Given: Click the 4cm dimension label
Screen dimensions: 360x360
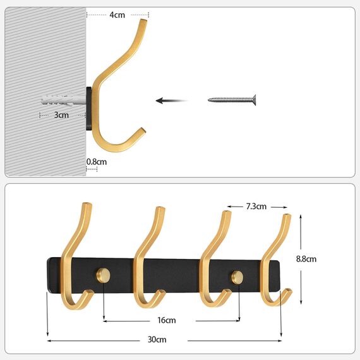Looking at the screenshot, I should pos(117,14).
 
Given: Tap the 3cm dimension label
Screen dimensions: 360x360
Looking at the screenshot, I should pos(61,115).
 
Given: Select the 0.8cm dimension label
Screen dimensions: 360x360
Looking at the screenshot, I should pos(97,162).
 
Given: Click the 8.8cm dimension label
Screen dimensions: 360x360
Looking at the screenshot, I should pos(306,259).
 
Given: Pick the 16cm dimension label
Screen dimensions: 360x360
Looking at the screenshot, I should pos(167,320).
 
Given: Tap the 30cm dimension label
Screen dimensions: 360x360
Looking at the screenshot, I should pos(157,340).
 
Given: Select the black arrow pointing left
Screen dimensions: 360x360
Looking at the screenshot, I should pos(171,100).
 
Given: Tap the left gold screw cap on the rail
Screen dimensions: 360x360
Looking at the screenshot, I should pos(104,275).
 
